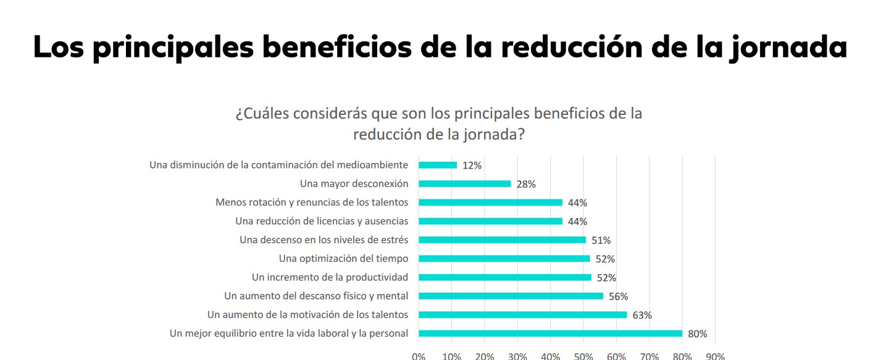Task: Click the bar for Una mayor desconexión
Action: tap(464, 183)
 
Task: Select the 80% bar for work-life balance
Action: tap(550, 333)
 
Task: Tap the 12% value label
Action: tap(472, 165)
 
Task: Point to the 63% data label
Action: tap(642, 315)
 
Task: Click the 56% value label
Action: tap(618, 296)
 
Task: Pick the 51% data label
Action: tap(601, 240)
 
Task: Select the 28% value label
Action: tap(526, 184)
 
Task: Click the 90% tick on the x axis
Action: tap(715, 356)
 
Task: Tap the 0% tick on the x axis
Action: tap(419, 356)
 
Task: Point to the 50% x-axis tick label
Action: tap(583, 356)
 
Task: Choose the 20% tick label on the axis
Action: tap(485, 356)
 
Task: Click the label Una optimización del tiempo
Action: tap(343, 259)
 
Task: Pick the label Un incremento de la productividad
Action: tap(330, 277)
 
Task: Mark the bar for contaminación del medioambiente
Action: tap(438, 165)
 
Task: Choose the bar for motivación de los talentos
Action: tap(522, 315)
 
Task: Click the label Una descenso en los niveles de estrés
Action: tap(324, 240)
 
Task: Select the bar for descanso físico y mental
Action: tap(511, 296)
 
